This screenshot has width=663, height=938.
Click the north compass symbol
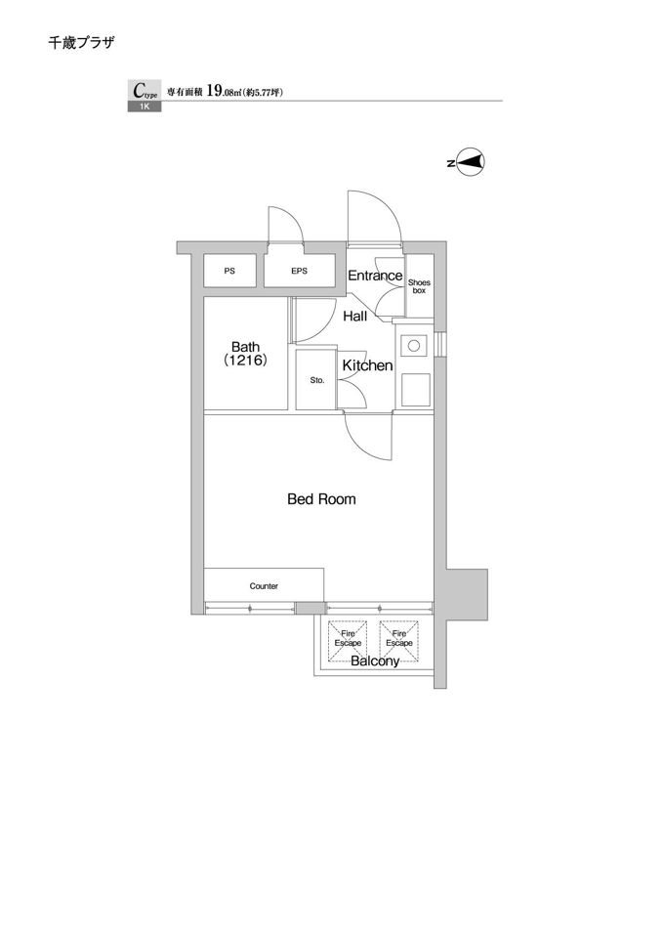point(468,162)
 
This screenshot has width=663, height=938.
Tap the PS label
point(229,271)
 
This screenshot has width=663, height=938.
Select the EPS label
point(299,271)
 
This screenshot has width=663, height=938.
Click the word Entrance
point(375,276)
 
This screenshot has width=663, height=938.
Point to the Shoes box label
point(419,286)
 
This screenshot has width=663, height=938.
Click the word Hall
point(355,316)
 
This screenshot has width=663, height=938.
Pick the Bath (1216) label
point(246,354)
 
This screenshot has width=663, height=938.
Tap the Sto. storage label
point(316,380)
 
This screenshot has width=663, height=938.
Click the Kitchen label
point(367,365)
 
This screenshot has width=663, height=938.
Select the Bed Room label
point(321,499)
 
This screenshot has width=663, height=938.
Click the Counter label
point(264,586)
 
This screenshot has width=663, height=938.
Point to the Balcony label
point(375,661)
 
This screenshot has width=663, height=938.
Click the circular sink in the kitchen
point(412,345)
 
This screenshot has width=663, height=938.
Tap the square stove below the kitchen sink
point(415,390)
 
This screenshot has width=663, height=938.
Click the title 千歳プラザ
point(81,42)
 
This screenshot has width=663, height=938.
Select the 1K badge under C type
point(145,107)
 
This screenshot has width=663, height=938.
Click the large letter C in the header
point(138,90)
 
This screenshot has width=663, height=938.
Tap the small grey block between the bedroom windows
point(311,608)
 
